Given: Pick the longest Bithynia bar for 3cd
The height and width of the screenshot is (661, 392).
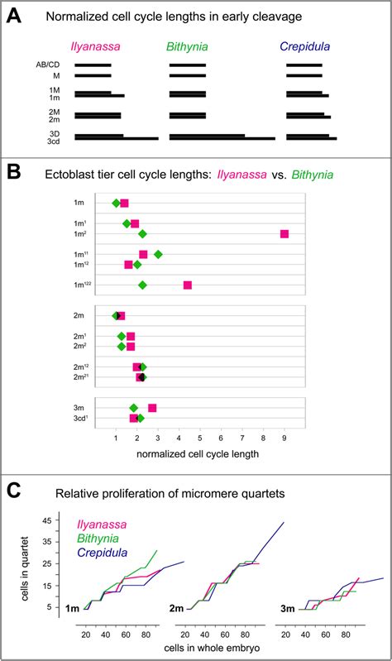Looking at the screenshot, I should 222,138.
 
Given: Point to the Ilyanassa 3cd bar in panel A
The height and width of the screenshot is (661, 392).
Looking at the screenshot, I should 116,138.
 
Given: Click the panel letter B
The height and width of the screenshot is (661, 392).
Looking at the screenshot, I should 15,174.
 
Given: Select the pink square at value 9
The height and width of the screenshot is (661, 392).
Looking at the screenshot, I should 284,234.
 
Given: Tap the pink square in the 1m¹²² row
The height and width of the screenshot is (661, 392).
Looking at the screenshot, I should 188,285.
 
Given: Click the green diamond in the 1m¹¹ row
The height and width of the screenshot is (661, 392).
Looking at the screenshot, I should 158,254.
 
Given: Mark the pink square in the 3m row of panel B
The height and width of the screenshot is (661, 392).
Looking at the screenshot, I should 152,408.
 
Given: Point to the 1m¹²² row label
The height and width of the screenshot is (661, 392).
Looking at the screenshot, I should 80,285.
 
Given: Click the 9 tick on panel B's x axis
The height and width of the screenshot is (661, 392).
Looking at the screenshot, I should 284,438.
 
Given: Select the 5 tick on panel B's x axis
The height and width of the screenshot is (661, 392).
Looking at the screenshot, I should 200,438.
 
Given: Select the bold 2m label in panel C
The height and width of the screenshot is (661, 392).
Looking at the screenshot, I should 178,608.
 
